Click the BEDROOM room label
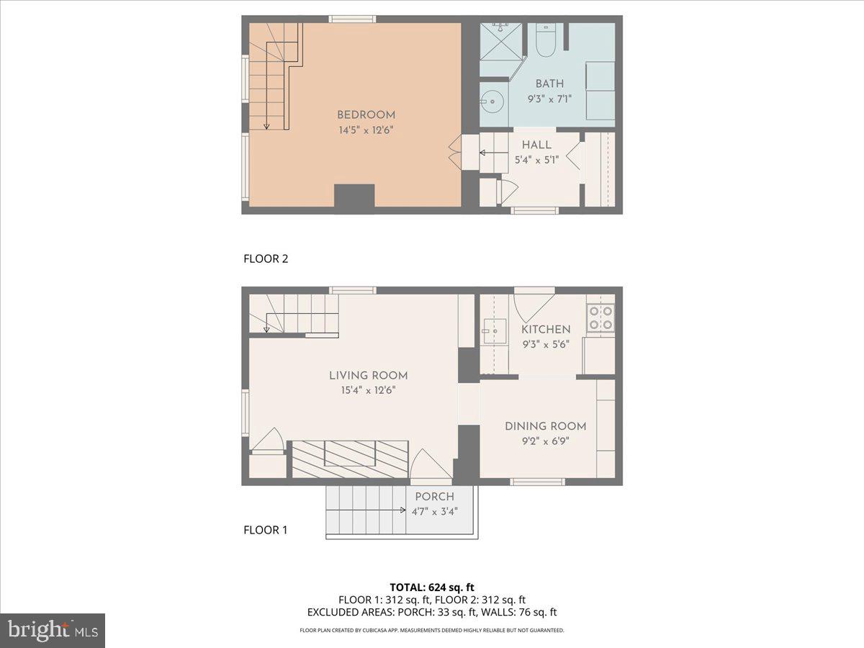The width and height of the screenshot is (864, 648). (366, 115)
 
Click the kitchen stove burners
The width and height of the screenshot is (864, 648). (600, 318)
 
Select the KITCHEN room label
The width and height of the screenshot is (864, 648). (546, 330)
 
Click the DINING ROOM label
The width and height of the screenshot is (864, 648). (545, 426)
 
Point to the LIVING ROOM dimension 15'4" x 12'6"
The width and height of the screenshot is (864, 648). (368, 390)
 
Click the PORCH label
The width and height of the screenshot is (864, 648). (434, 497)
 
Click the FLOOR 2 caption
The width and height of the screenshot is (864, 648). (266, 259)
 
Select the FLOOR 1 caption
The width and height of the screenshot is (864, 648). (266, 531)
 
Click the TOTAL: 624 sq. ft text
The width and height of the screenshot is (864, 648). (432, 587)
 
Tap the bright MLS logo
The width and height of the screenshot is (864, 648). (53, 631)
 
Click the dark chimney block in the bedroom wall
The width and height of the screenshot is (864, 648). (354, 197)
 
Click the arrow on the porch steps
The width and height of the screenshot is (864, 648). (403, 510)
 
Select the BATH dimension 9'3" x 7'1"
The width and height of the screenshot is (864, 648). (549, 99)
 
